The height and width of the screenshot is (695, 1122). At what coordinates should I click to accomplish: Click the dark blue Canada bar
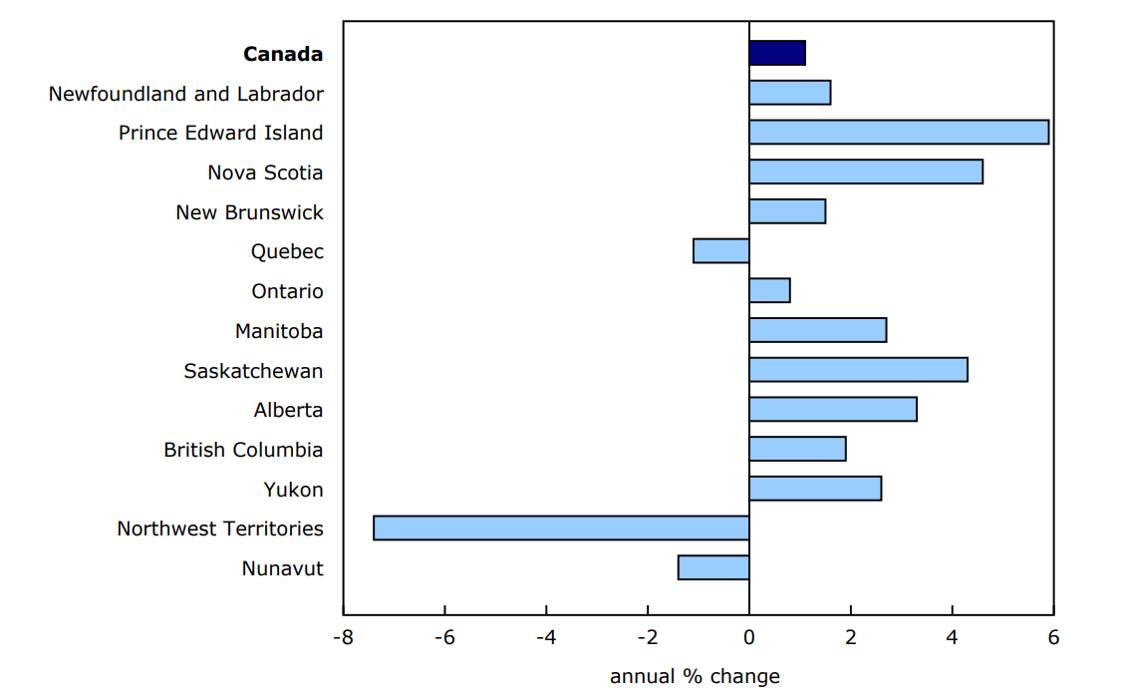tap(777, 53)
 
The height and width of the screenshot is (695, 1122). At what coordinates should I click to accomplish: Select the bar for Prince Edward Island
tap(899, 132)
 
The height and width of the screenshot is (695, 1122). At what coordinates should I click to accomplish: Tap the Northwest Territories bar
tap(561, 527)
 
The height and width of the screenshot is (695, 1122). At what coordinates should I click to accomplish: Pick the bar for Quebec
tap(721, 250)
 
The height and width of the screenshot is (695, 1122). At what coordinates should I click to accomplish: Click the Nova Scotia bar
tap(866, 172)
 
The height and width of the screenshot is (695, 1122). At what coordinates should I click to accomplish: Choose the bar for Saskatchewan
tap(858, 369)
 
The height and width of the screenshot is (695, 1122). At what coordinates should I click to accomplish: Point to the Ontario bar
tap(769, 290)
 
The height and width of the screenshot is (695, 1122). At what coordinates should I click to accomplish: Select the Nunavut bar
tap(713, 567)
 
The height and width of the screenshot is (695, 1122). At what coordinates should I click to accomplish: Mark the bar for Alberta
tap(833, 409)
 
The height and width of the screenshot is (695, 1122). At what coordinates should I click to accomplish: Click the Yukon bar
tap(815, 488)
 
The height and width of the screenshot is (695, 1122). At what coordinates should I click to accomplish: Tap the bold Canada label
tap(283, 54)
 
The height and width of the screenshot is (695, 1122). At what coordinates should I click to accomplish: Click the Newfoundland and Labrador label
tap(186, 94)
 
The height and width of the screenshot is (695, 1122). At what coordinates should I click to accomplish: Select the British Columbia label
tap(243, 450)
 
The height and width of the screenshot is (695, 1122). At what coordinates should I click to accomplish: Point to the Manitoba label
tap(279, 331)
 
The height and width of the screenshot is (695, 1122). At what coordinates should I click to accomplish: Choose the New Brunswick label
tap(249, 212)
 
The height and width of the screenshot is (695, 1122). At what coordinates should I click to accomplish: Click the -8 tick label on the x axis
tap(343, 638)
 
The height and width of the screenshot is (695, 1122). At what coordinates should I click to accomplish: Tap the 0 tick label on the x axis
tap(749, 638)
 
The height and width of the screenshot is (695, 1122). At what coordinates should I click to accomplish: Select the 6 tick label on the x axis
tap(1053, 638)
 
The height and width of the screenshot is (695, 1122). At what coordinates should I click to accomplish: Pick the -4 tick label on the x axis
tap(545, 638)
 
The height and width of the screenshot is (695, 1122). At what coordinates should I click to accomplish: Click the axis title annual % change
tap(695, 677)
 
